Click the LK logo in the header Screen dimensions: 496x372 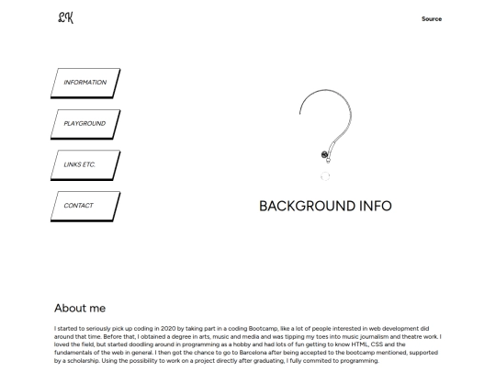pyautogui.click(x=64, y=17)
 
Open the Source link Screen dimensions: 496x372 pyautogui.click(x=431, y=18)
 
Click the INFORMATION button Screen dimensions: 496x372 pyautogui.click(x=85, y=83)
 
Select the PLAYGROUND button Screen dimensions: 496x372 pyautogui.click(x=85, y=123)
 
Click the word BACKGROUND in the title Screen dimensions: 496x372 pyautogui.click(x=305, y=206)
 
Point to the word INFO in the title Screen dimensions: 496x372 pyautogui.click(x=373, y=206)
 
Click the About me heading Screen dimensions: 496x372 pyautogui.click(x=80, y=308)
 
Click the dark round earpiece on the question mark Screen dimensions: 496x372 pyautogui.click(x=325, y=154)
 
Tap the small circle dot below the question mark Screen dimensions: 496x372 pyautogui.click(x=325, y=175)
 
